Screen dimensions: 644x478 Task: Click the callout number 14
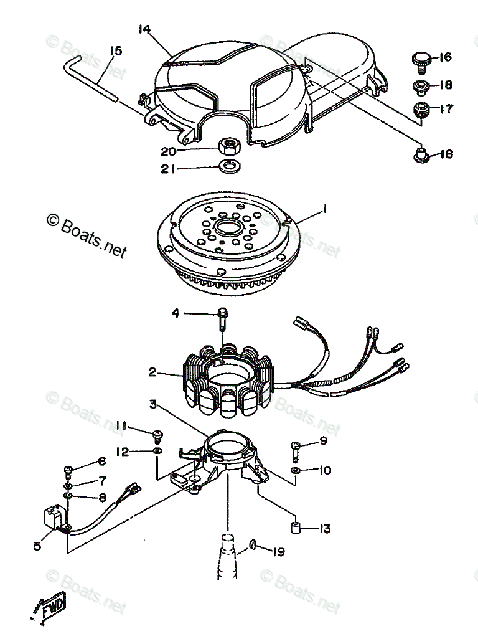[x=145, y=29]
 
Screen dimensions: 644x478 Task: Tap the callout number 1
[x=325, y=211]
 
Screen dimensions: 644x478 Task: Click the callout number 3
[x=153, y=405]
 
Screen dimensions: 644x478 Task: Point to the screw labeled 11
[x=157, y=433]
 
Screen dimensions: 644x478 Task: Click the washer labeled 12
[x=157, y=450]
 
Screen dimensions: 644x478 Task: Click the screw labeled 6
[x=68, y=468]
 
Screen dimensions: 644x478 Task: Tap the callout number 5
[x=37, y=546]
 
